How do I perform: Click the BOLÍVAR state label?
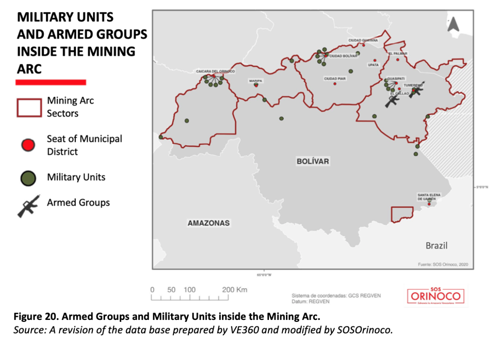pos(312,161)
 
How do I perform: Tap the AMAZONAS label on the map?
pos(208,223)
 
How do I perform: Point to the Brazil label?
pos(436,246)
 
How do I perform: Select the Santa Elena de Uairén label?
pos(429,197)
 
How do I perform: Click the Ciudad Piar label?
pos(335,79)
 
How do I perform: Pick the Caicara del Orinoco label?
pos(215,71)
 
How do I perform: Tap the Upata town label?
pos(373,65)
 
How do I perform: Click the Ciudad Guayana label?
pos(363,40)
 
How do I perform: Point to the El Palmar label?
pos(398,54)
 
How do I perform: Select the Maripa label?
pos(255,81)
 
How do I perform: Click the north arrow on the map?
pos(453,25)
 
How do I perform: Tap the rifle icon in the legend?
pos(29,205)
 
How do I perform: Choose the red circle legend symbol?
pos(28,145)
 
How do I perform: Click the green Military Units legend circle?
pos(28,178)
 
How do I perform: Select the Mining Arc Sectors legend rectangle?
pos(29,108)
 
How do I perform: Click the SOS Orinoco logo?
pos(436,296)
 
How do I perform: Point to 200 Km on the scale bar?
pos(234,290)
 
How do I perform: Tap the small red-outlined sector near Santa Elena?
pos(402,214)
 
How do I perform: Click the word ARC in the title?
pos(29,69)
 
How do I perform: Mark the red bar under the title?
pos(50,82)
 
